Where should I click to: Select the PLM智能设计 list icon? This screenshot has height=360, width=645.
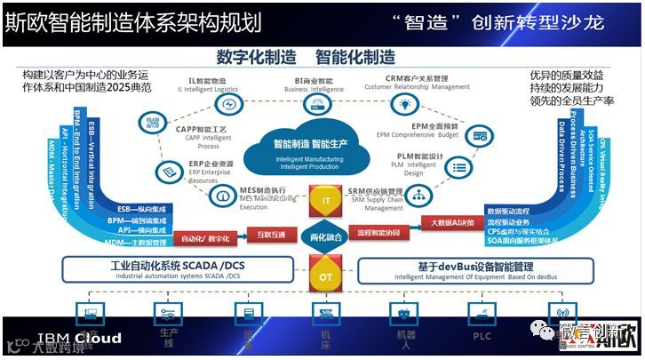[x=459, y=167]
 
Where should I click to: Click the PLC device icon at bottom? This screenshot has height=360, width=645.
[x=481, y=314]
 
